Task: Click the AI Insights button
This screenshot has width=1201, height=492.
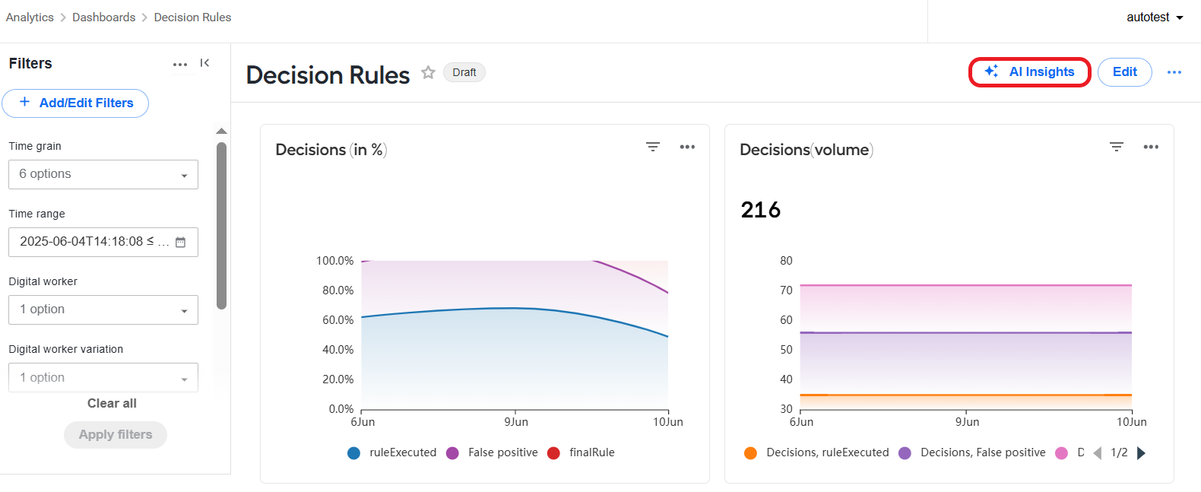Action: click(x=1029, y=72)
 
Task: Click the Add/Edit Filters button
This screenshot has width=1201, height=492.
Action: click(x=75, y=103)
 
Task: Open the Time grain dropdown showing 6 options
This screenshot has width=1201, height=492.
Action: click(x=103, y=174)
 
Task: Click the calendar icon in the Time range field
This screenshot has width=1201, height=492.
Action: click(x=181, y=242)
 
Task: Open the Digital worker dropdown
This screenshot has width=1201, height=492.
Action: click(x=103, y=309)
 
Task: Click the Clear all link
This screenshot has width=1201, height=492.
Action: click(x=112, y=404)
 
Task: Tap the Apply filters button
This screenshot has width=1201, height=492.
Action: click(x=116, y=435)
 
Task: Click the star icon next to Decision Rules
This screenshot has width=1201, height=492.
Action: click(x=428, y=72)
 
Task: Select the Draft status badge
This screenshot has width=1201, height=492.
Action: click(x=464, y=72)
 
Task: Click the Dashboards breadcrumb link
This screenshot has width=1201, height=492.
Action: click(x=104, y=17)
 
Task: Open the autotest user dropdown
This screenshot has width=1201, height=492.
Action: click(x=1155, y=17)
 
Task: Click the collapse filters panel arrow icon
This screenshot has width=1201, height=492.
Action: click(x=204, y=63)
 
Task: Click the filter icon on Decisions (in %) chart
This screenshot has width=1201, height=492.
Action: click(x=652, y=147)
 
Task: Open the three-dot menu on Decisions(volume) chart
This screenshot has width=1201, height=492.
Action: click(x=1151, y=147)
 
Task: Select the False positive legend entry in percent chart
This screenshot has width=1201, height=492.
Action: click(x=493, y=452)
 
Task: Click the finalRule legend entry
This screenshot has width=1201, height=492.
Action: click(x=581, y=452)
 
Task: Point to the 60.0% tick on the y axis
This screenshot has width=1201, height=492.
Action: click(x=337, y=320)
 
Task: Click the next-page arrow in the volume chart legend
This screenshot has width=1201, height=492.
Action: click(x=1141, y=453)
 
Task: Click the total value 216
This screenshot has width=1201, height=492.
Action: click(x=761, y=210)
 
